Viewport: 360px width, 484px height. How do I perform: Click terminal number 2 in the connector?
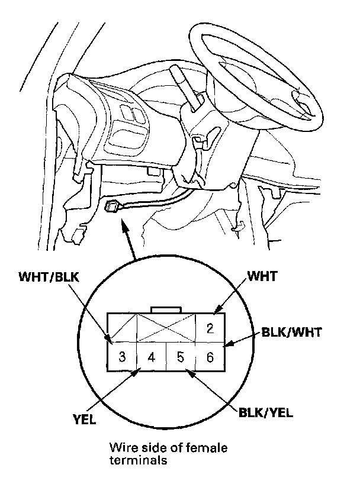209,327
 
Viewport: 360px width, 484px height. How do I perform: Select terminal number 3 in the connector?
121,357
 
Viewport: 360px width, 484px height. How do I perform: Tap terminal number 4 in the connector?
152,357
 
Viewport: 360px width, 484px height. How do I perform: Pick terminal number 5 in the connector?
181,357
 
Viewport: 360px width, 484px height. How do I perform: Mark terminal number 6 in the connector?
209,357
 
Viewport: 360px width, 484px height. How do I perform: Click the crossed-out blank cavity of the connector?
166,327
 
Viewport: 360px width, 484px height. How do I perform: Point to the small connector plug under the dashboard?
110,207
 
